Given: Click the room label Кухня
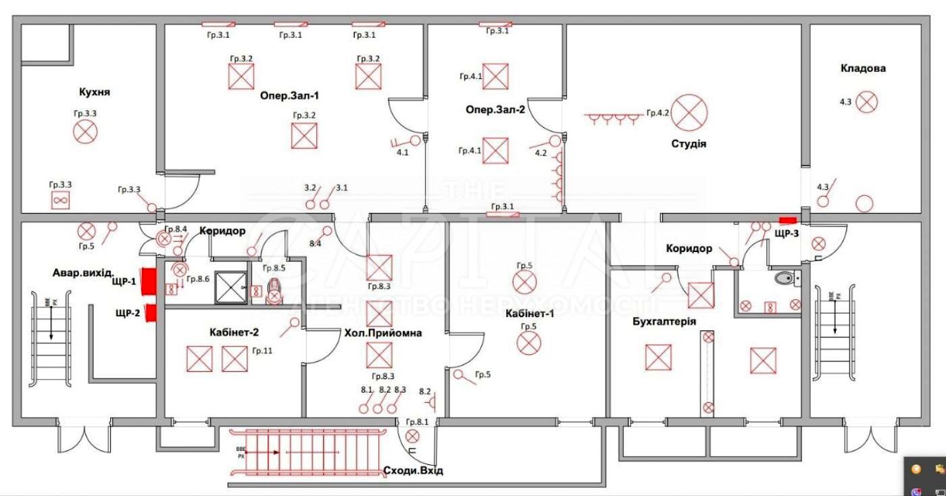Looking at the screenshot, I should pos(95,92).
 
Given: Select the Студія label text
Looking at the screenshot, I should pos(689,143).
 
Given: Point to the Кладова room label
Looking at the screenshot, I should pos(863,68).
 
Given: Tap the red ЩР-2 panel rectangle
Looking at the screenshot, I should pos(151,314).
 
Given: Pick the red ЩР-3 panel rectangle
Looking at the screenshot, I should pos(788,220).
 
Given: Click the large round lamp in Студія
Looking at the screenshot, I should pos(689,113).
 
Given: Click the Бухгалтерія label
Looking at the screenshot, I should pos(664,322).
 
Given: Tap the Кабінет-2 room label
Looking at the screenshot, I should pos(234,332).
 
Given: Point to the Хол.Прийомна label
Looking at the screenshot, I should pos(383,332).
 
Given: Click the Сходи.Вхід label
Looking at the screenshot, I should pos(413,470).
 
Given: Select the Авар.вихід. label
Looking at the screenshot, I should pos(84,273).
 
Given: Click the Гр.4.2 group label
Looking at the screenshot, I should pos(657,113).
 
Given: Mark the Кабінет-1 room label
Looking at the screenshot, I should pos(529,313).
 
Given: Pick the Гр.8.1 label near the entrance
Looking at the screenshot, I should pos(417,422).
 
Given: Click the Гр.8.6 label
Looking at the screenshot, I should pos(198,278).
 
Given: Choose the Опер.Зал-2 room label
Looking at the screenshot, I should pos(495,109).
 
